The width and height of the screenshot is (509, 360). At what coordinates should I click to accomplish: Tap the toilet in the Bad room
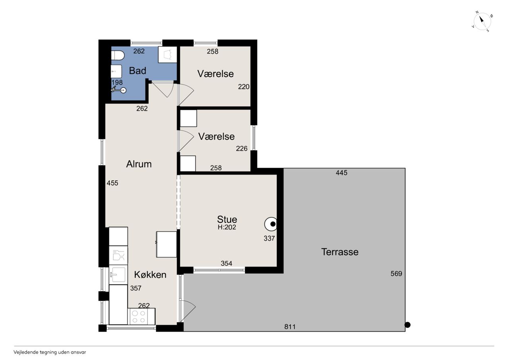[118, 55]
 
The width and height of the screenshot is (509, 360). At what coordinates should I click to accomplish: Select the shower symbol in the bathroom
[119, 90]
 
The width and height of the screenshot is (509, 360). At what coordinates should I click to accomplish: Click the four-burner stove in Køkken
[141, 316]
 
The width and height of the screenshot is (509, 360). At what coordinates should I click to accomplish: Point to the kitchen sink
[118, 274]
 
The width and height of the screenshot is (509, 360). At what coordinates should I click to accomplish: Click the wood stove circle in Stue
[271, 224]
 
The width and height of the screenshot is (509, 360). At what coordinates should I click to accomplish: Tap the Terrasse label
[340, 252]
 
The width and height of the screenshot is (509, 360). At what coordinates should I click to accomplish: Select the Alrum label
[139, 164]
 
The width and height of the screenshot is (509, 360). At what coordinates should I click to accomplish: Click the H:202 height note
[227, 227]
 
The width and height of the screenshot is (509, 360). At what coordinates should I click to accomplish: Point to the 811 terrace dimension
[290, 327]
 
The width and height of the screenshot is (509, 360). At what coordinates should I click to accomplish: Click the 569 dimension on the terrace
[396, 273]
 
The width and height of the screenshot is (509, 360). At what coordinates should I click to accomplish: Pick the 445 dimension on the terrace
[342, 173]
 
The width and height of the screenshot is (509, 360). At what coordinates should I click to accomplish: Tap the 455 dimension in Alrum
[113, 183]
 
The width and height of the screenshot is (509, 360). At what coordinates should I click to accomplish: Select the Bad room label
[138, 71]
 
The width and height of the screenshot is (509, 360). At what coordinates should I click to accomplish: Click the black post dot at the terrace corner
[408, 325]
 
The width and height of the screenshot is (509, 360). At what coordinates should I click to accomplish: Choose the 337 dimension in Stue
[269, 238]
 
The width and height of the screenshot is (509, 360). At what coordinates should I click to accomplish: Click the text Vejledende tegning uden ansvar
[50, 352]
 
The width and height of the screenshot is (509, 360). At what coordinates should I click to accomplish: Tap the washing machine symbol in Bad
[167, 54]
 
